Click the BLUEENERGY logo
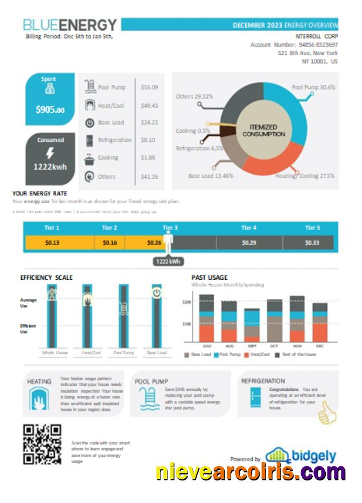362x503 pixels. (x=70, y=25)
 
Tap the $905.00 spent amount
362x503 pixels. (x=50, y=109)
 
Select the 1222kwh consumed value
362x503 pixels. (x=50, y=166)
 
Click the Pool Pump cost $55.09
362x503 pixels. (x=149, y=88)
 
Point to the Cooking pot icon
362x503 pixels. (x=89, y=158)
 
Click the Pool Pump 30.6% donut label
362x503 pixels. (x=313, y=87)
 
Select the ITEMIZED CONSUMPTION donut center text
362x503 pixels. (x=263, y=131)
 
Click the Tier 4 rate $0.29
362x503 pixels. (x=248, y=243)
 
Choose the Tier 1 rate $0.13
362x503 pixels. (x=52, y=243)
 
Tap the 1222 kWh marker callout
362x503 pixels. (x=168, y=262)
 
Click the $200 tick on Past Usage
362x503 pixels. (x=187, y=302)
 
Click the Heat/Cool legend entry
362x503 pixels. (x=256, y=355)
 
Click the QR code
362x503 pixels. (x=42, y=444)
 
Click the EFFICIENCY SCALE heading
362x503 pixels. (x=46, y=277)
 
